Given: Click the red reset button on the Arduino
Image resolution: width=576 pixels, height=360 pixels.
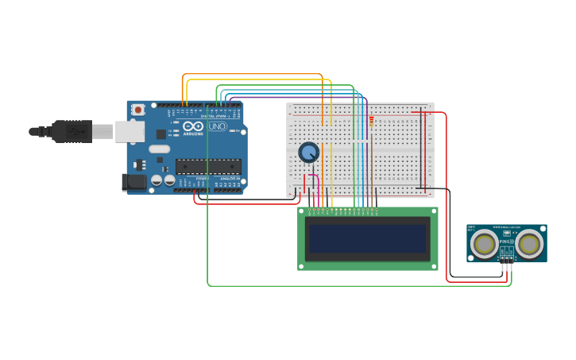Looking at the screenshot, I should (138, 110).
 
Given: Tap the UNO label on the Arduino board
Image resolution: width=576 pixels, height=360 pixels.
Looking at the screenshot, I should (217, 126).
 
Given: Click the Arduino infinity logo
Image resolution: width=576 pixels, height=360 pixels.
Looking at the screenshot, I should (193, 126).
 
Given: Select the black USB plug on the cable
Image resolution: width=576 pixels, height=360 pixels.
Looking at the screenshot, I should (72, 131).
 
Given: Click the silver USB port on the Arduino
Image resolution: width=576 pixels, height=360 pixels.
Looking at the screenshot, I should (130, 131).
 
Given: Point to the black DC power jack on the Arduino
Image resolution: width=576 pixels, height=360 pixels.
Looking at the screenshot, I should (134, 182).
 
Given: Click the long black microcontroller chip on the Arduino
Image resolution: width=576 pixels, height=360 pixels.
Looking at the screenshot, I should (208, 166).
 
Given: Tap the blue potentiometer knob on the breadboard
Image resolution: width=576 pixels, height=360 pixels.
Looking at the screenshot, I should (308, 152).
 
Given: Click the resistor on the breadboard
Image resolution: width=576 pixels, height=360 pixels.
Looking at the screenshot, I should (371, 121).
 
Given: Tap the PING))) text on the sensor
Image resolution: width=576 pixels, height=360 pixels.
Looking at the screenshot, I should (506, 239).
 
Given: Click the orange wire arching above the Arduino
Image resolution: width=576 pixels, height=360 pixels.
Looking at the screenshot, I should (254, 75).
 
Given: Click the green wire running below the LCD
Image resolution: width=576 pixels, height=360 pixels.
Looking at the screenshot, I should (358, 285).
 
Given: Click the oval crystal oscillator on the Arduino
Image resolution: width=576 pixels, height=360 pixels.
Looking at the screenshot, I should (160, 149).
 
